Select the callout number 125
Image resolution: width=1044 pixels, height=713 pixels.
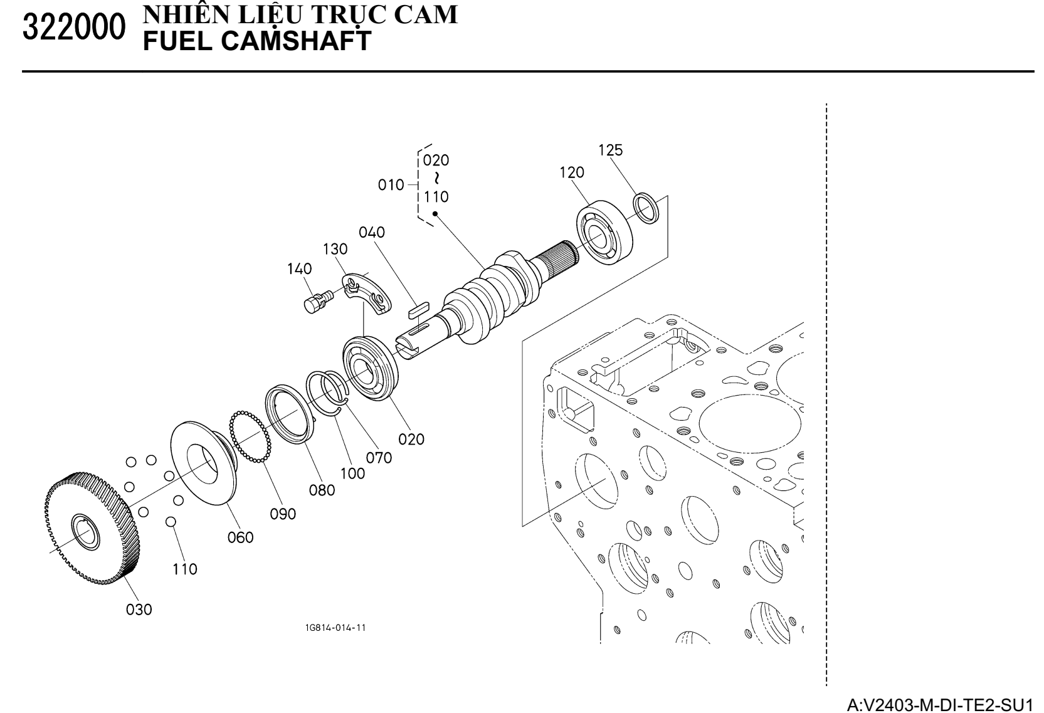point(610,150)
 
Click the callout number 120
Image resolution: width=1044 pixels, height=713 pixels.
point(572,172)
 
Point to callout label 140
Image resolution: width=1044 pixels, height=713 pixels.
point(299,269)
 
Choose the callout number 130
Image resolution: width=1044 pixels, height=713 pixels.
point(335,249)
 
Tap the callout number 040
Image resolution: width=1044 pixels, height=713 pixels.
point(372,232)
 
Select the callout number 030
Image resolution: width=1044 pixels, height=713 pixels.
point(139,609)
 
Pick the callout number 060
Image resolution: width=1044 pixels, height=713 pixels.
point(240,537)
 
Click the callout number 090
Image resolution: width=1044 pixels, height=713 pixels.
point(283,514)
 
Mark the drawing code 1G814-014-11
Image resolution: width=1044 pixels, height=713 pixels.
point(335,628)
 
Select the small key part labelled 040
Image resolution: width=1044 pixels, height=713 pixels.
point(416,308)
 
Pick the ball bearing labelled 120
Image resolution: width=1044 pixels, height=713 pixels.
point(604,231)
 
